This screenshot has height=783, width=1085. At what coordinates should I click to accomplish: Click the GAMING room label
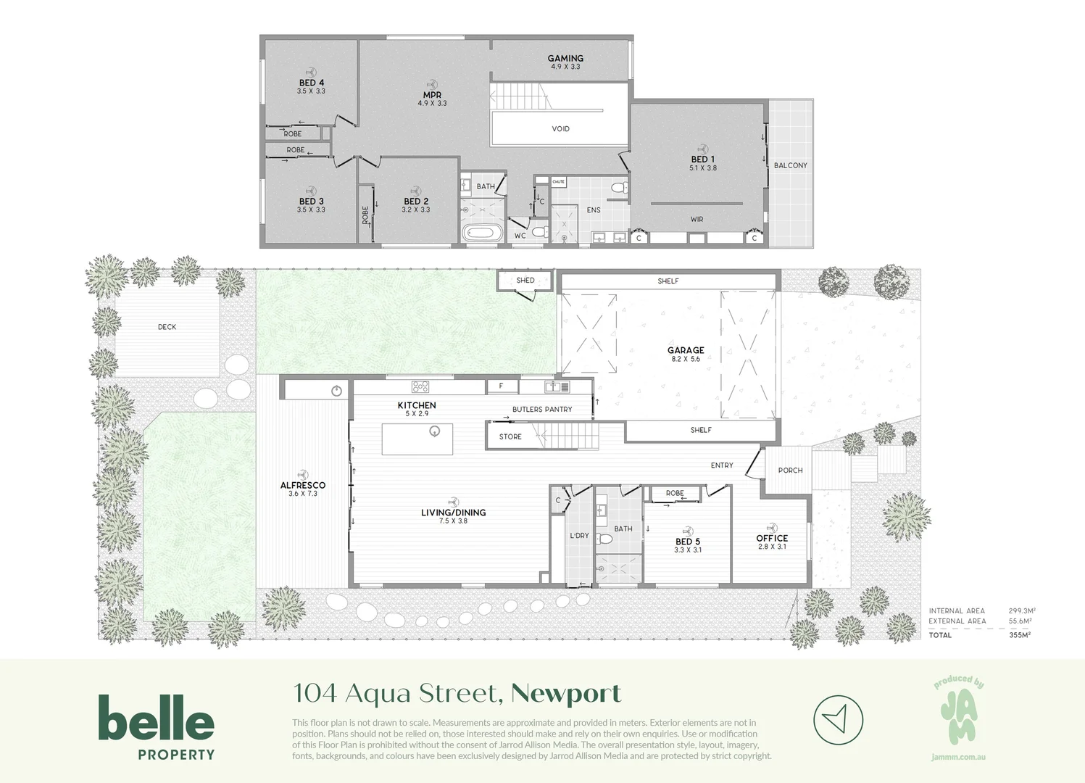[565, 59]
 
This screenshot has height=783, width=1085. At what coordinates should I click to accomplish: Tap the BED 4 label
[312, 83]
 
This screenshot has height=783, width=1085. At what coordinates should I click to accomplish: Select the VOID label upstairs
[560, 129]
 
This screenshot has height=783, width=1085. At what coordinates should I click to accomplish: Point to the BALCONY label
[790, 165]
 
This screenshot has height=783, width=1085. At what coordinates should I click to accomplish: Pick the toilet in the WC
[539, 232]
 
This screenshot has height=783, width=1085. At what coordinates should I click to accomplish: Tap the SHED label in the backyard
[525, 281]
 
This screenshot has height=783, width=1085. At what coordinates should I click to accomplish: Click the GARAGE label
[686, 350]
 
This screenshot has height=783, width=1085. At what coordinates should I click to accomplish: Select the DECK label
[167, 327]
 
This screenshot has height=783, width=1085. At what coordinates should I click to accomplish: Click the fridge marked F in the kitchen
[502, 386]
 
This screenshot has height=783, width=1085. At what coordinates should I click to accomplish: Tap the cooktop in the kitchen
[420, 386]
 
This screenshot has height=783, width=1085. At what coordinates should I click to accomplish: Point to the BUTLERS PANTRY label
[542, 410]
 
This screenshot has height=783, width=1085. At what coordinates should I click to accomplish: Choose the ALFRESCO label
[303, 485]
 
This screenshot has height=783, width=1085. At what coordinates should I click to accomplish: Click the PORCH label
[790, 471]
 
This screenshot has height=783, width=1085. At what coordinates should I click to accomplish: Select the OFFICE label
[772, 538]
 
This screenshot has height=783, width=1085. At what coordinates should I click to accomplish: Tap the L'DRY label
[579, 536]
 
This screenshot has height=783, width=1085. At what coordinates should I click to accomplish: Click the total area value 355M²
[1019, 635]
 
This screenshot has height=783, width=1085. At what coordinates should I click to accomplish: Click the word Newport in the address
[566, 694]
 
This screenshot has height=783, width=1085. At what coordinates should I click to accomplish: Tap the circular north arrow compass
[838, 721]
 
